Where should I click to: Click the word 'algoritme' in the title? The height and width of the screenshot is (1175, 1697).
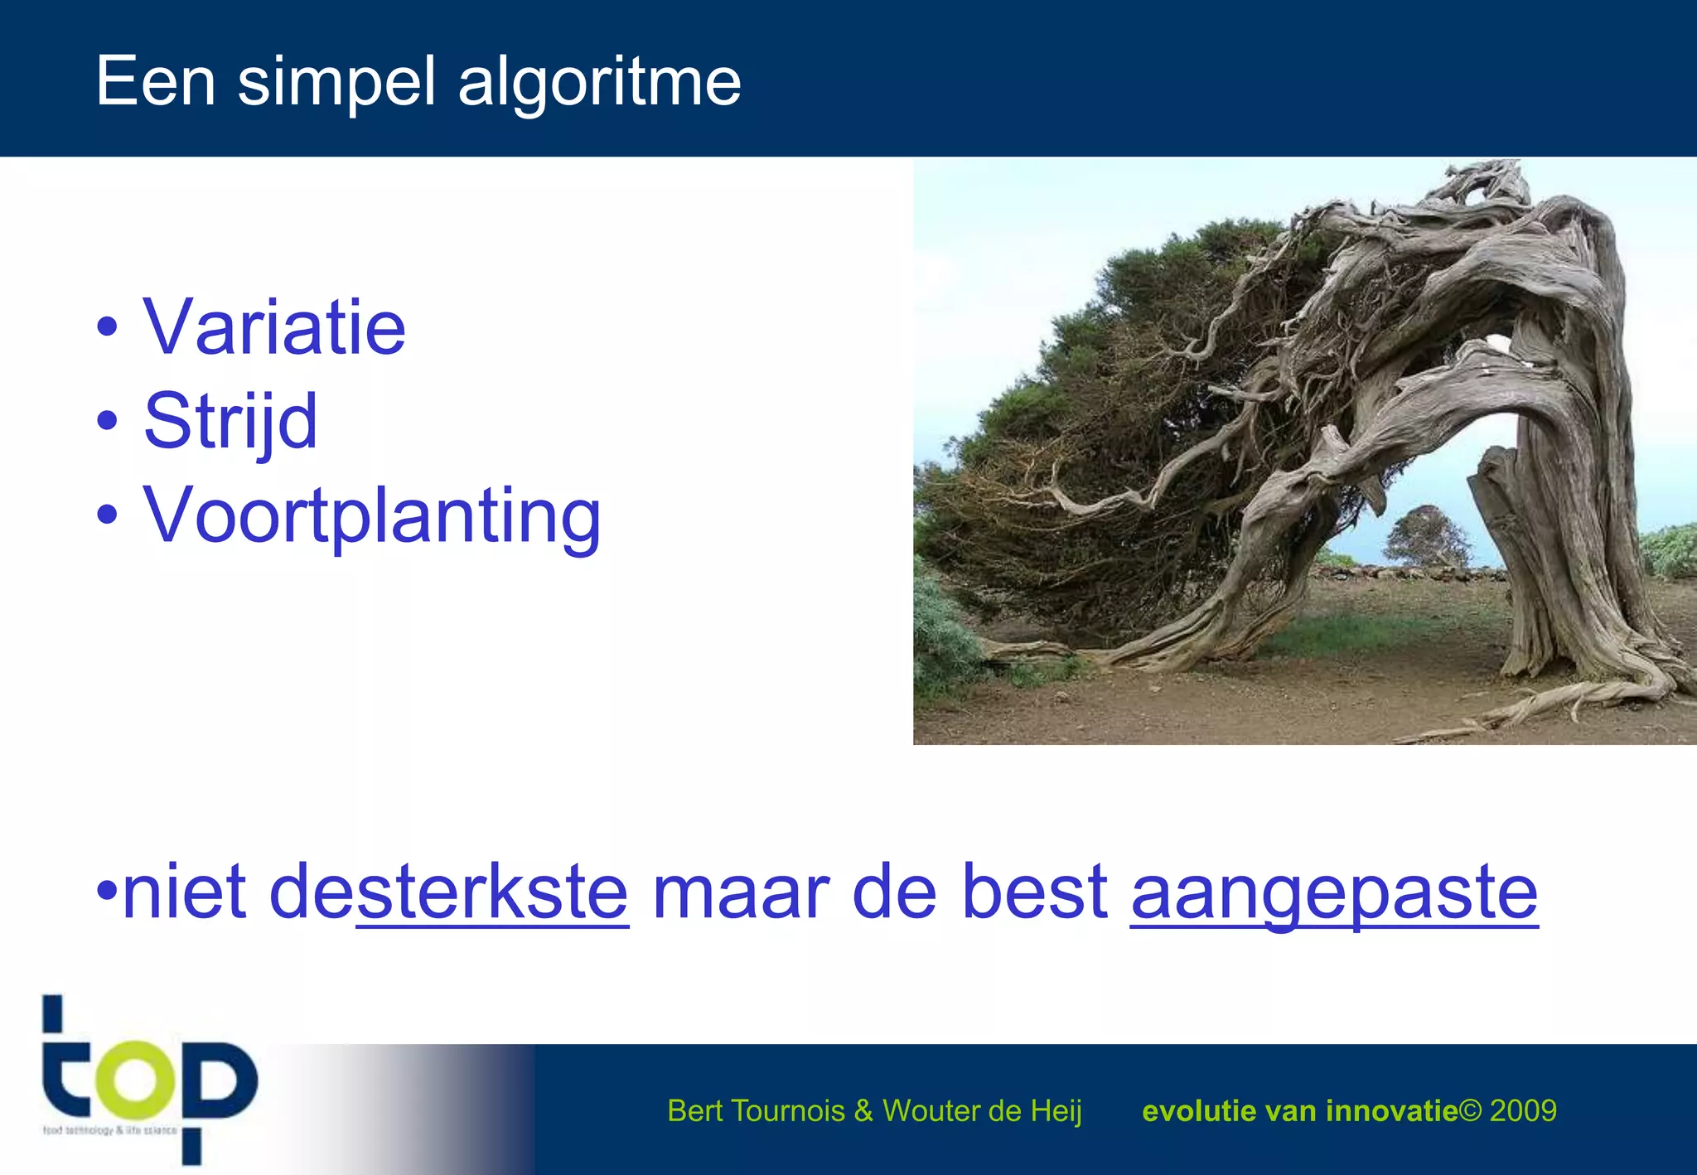pos(599,83)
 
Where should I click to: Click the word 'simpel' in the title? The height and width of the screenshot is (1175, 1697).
pos(336,83)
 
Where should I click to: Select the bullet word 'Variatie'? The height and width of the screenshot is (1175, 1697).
pos(274,328)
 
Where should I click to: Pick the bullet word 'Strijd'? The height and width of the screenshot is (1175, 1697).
pos(230,422)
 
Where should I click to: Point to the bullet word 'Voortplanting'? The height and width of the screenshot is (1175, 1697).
pos(372,516)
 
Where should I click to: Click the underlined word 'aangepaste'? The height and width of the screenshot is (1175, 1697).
pos(1334,892)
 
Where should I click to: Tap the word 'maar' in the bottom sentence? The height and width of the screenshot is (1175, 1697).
pos(740,892)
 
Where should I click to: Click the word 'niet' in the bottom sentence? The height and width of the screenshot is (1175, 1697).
pos(184,892)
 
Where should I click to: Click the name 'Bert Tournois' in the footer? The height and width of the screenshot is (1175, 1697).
pos(756,1110)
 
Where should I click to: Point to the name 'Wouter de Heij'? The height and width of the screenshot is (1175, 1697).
pos(982,1110)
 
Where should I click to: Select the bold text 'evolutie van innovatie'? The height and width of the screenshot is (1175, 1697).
pos(1299,1110)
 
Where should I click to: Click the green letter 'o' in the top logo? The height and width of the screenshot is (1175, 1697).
pos(135,1078)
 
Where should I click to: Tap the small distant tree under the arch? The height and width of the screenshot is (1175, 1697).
pos(1427,534)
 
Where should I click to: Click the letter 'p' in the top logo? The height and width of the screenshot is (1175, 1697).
pos(215,1086)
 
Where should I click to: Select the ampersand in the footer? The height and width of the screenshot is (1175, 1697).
pos(863,1110)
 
